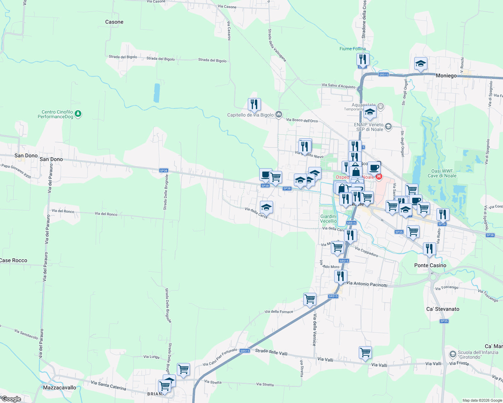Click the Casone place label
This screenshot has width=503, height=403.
coord(114,22)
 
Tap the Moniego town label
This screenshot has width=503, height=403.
coord(446,76)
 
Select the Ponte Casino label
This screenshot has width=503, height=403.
coord(430,265)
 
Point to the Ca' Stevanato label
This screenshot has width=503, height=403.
coord(442,309)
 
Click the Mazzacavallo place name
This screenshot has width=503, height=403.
coord(60,388)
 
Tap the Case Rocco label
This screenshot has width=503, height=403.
coord(13,260)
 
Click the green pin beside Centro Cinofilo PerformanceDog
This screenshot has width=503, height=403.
coord(78,114)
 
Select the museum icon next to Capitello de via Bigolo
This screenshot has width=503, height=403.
coord(279,115)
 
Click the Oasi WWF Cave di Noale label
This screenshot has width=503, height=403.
coord(442,173)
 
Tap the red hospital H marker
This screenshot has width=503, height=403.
coord(379,176)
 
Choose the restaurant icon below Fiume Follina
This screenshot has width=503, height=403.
coord(363,59)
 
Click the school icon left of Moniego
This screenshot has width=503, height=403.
coord(421,63)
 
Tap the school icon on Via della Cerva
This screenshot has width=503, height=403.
coord(266,208)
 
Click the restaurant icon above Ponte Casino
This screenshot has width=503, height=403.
coord(429,249)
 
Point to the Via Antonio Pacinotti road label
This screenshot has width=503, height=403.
coord(367,284)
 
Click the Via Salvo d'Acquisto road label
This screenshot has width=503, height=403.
coord(338,86)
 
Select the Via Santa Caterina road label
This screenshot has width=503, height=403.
coord(108,385)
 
